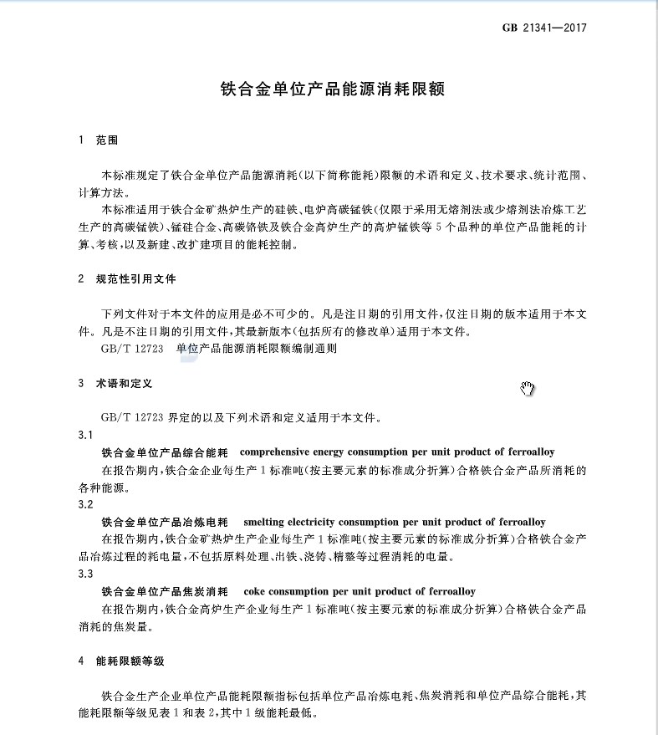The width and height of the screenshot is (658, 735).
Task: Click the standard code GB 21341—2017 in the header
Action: click(x=544, y=28)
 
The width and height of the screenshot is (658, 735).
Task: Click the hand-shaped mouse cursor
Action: click(x=527, y=388)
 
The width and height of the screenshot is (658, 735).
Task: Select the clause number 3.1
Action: click(x=85, y=435)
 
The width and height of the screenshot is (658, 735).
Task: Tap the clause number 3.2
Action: click(x=85, y=504)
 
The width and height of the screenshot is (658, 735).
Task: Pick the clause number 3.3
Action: click(x=85, y=574)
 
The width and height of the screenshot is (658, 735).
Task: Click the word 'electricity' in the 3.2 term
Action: click(x=322, y=522)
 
